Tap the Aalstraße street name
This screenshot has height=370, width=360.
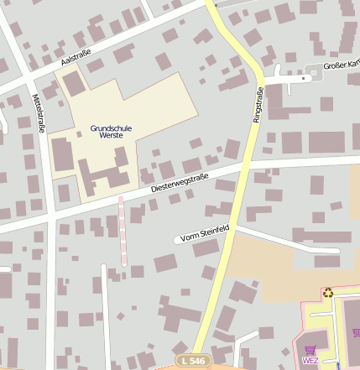(x=75, y=57)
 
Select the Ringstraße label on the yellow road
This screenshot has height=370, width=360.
(x=258, y=106)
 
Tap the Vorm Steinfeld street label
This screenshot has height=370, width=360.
(x=206, y=232)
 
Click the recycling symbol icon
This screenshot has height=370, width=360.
(x=328, y=293)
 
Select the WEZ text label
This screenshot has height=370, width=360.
(x=310, y=361)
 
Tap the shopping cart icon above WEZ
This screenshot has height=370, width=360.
(x=310, y=350)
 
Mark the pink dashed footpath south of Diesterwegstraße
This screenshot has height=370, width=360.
(x=123, y=231)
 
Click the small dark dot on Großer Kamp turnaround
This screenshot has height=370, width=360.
(x=315, y=74)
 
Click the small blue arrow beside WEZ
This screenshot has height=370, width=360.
(x=339, y=364)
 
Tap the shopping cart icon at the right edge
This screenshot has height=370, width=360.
(x=357, y=332)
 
